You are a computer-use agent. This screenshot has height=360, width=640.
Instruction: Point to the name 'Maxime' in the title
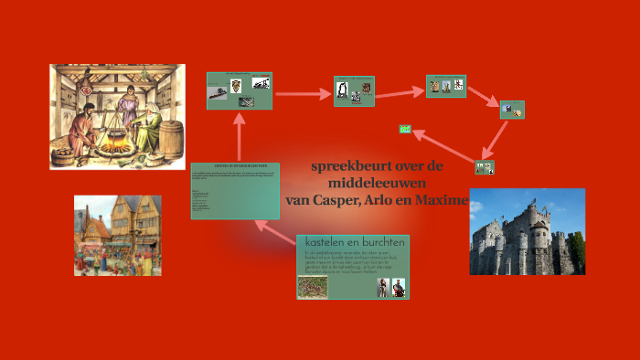click(443, 199)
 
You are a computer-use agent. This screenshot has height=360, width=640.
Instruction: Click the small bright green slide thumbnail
click(405, 129)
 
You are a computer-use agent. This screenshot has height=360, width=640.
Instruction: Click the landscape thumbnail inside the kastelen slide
click(313, 286)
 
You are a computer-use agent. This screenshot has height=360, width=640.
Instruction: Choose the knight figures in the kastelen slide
click(389, 287)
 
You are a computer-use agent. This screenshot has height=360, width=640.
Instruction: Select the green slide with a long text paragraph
click(235, 190)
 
